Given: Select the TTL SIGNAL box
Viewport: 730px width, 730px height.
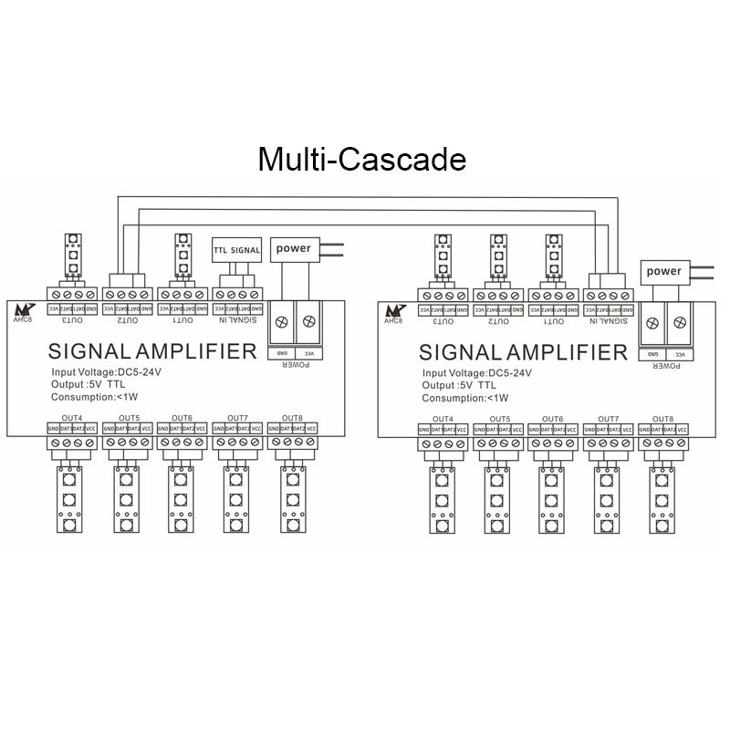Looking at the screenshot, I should (236, 249).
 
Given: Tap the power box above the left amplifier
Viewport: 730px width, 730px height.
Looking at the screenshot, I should (293, 247).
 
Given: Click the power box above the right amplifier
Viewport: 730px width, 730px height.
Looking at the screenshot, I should (663, 271).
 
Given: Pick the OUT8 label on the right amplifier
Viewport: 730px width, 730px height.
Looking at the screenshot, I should (662, 418).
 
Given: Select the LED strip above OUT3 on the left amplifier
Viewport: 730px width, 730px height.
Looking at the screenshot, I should (72, 256).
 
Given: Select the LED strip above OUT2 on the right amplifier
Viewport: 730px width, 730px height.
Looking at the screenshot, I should (497, 256).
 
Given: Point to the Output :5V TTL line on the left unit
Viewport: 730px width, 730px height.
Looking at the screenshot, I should (95, 386).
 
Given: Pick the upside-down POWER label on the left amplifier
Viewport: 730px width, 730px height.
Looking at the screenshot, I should (293, 363).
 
